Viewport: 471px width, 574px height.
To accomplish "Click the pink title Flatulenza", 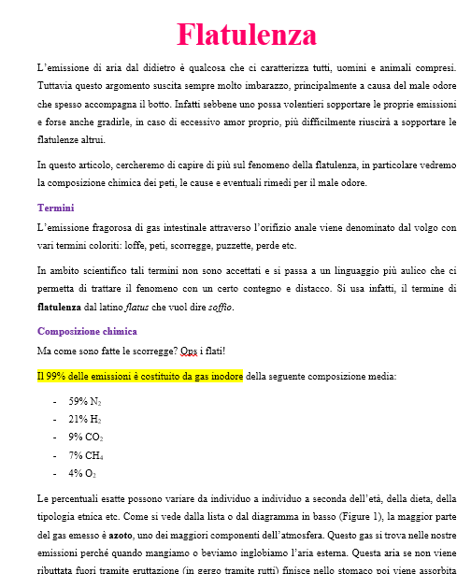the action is click(x=247, y=35).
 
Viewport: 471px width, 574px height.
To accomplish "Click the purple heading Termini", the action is click(x=55, y=208).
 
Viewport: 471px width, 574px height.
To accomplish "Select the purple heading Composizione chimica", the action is click(x=87, y=331).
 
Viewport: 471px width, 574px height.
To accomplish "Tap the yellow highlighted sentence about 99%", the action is click(x=139, y=376).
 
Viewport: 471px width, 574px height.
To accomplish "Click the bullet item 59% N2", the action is click(x=84, y=401).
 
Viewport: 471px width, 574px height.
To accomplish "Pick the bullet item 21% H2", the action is click(x=84, y=419).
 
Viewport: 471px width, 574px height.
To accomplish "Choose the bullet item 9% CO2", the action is click(x=86, y=437).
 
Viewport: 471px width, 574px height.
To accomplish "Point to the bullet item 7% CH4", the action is click(x=86, y=454).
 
